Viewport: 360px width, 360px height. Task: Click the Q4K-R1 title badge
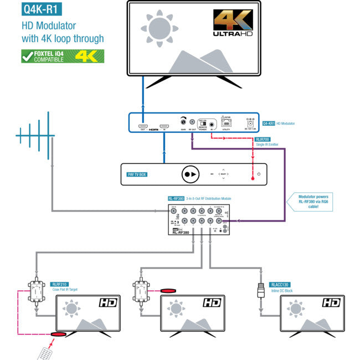tap(40, 9)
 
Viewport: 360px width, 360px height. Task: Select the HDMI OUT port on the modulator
tap(143, 126)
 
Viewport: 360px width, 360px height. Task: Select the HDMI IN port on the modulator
tap(164, 126)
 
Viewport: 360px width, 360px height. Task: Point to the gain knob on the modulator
tap(183, 122)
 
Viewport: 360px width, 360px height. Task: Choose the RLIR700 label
tap(263, 140)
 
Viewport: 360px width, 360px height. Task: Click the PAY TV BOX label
tap(136, 173)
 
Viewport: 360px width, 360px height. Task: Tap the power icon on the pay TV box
tap(259, 174)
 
